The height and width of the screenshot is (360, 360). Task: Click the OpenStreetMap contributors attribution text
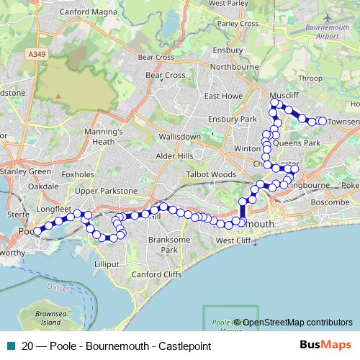pos(297,323)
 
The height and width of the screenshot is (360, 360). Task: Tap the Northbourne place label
pos(229,66)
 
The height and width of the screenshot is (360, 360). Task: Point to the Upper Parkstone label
pos(105,191)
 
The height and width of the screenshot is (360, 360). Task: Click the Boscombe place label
pos(328,202)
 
